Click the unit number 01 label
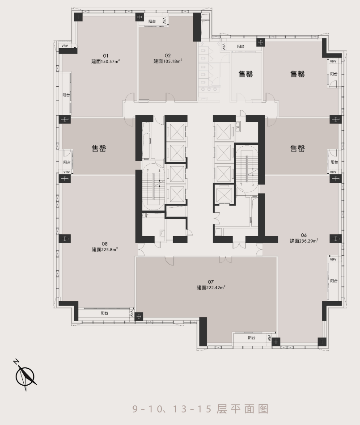tap(106, 56)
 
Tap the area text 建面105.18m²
tap(168, 61)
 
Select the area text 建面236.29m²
tap(304, 241)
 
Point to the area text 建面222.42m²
tap(211, 287)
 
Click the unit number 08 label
tap(105, 244)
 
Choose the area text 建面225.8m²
tap(105, 249)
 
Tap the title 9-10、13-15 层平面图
tap(200, 409)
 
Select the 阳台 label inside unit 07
tap(251, 338)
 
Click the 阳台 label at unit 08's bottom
tap(105, 313)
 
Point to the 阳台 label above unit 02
tap(152, 21)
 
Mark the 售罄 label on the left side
tap(99, 148)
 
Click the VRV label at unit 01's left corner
tap(64, 46)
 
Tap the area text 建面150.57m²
tap(106, 61)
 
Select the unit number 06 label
tap(304, 235)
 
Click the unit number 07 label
tap(211, 282)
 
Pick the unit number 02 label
tap(168, 55)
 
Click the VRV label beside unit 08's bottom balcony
tap(132, 313)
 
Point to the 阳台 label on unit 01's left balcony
tap(66, 95)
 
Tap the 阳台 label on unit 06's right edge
tap(334, 281)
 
